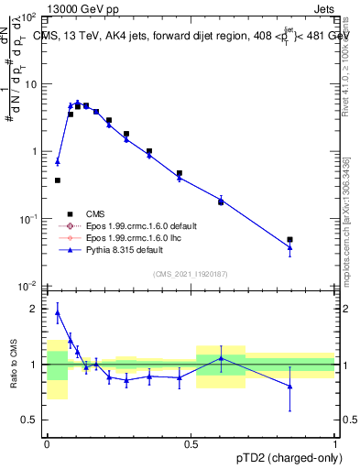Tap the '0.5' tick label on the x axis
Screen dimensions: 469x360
191,443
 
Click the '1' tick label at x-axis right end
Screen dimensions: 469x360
335,443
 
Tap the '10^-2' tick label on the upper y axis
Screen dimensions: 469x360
30,286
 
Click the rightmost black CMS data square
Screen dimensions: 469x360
289,239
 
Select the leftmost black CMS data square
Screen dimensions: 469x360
58,180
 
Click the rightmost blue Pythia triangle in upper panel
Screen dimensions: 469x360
289,247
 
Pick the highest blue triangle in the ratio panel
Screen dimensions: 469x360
58,312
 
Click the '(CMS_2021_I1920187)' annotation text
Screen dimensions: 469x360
191,274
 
